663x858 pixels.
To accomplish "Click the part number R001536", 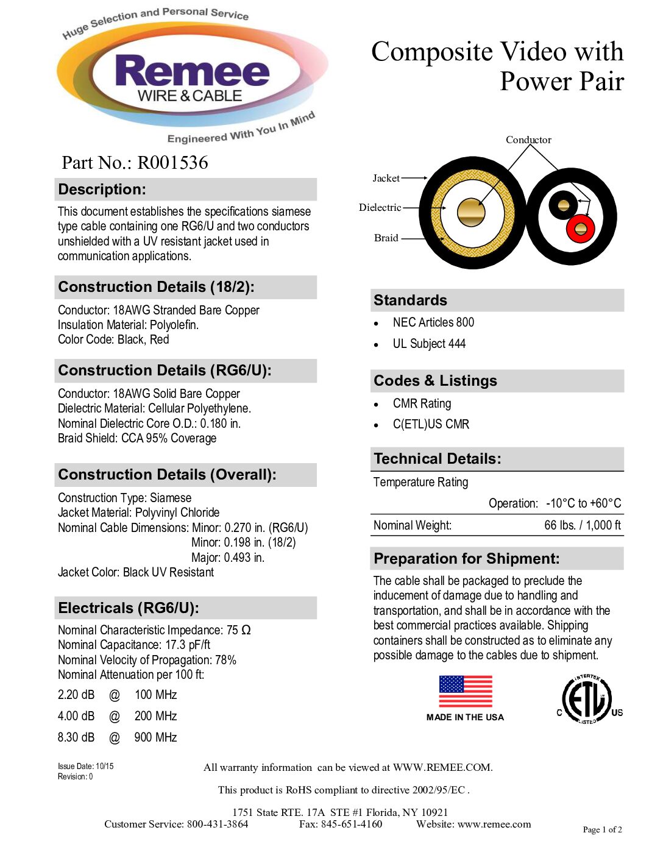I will [172, 163].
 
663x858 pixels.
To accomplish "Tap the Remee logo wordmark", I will [192, 72].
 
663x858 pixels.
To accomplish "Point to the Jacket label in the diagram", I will [386, 178].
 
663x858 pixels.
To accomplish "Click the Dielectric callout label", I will [380, 208].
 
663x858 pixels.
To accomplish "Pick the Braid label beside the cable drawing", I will [386, 238].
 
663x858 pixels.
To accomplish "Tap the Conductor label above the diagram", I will [528, 140].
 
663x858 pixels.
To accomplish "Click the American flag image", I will [466, 692].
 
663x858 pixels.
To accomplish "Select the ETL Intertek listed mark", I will [587, 700].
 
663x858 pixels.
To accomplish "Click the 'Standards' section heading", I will [410, 300].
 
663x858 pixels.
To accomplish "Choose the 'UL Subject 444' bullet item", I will [429, 344].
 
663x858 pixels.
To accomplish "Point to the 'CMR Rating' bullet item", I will [422, 403].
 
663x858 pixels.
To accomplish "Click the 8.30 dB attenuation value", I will [76, 737].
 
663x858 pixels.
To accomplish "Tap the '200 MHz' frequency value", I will [155, 716].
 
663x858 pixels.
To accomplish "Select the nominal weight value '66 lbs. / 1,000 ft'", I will [582, 525].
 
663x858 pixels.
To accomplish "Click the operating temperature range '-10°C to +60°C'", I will [583, 503].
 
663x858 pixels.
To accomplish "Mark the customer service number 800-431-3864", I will [218, 824].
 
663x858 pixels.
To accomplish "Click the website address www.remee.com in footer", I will [494, 824].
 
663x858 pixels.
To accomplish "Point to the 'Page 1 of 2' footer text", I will [602, 829].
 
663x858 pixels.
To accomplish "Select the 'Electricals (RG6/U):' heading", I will [129, 608].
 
